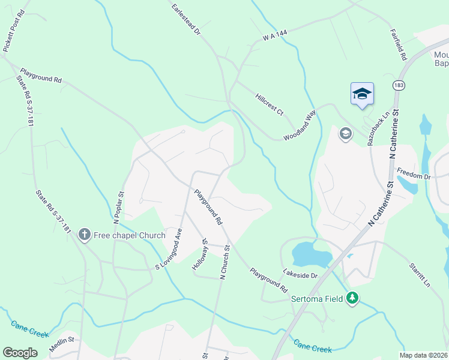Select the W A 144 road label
[x=275, y=37]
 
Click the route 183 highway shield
[x=398, y=85]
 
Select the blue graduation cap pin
[x=362, y=94]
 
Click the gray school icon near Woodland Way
[x=345, y=133]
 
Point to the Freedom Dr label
[x=418, y=177]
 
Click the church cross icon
[x=84, y=235]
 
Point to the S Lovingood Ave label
[x=170, y=248]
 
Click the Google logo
[x=21, y=353]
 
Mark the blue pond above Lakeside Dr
[x=309, y=253]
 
